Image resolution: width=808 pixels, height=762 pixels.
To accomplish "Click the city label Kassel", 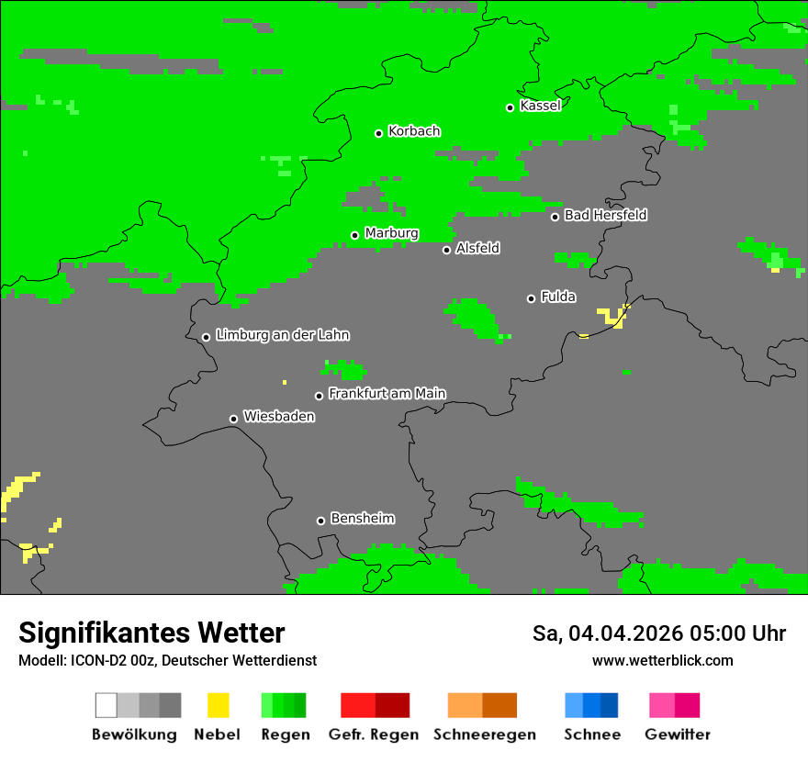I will (x=540, y=106).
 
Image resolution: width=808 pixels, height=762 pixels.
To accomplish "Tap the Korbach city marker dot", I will (x=378, y=133).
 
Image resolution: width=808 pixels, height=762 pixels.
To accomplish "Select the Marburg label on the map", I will (x=391, y=233).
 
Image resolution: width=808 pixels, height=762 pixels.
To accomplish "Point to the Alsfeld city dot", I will (x=447, y=250).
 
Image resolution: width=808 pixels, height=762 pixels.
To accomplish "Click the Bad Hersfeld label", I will (x=605, y=215).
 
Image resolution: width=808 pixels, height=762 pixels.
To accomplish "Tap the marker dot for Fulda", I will (x=531, y=298).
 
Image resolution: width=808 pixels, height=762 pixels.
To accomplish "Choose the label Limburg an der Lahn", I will (x=282, y=335).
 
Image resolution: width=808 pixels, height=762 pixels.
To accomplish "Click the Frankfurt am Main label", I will (x=387, y=394).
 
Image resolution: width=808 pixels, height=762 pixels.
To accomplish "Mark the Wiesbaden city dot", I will (x=233, y=419).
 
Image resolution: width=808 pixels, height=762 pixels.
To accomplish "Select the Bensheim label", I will (x=362, y=519).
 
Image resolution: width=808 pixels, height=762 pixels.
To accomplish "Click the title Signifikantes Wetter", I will (x=151, y=633).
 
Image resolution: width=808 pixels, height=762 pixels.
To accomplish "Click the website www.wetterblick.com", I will (x=662, y=661).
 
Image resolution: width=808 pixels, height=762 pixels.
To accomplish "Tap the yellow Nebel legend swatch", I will (x=218, y=705).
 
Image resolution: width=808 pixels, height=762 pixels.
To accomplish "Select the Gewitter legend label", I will (x=677, y=734).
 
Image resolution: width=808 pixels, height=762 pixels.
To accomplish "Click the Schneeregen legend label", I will (x=484, y=734).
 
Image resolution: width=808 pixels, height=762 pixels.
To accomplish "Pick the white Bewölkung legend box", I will (x=107, y=705).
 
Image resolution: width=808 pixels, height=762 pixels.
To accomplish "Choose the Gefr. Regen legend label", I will (x=374, y=734).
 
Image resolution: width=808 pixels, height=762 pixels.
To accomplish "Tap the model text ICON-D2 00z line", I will (x=167, y=661).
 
